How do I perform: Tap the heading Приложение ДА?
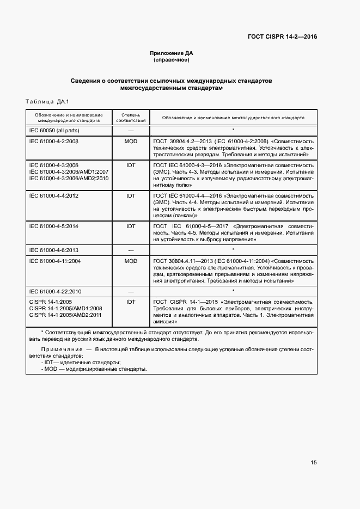click(x=172, y=53)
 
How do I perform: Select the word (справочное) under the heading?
click(x=172, y=60)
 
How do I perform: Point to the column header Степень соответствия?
click(x=131, y=118)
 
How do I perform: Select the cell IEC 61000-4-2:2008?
click(x=54, y=141)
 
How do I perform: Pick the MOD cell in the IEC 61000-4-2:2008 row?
click(x=131, y=141)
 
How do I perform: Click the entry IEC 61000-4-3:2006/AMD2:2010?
click(x=69, y=178)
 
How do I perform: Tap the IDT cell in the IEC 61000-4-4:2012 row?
click(x=131, y=195)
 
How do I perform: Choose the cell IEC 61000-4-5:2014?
click(x=54, y=226)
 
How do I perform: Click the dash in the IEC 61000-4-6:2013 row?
click(x=131, y=250)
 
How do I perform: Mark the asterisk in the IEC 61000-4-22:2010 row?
click(x=233, y=291)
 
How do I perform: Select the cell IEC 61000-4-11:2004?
click(x=55, y=261)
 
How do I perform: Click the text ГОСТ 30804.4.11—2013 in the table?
click(x=184, y=261)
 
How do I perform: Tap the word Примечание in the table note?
click(x=60, y=348)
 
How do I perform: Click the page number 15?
click(x=313, y=463)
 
